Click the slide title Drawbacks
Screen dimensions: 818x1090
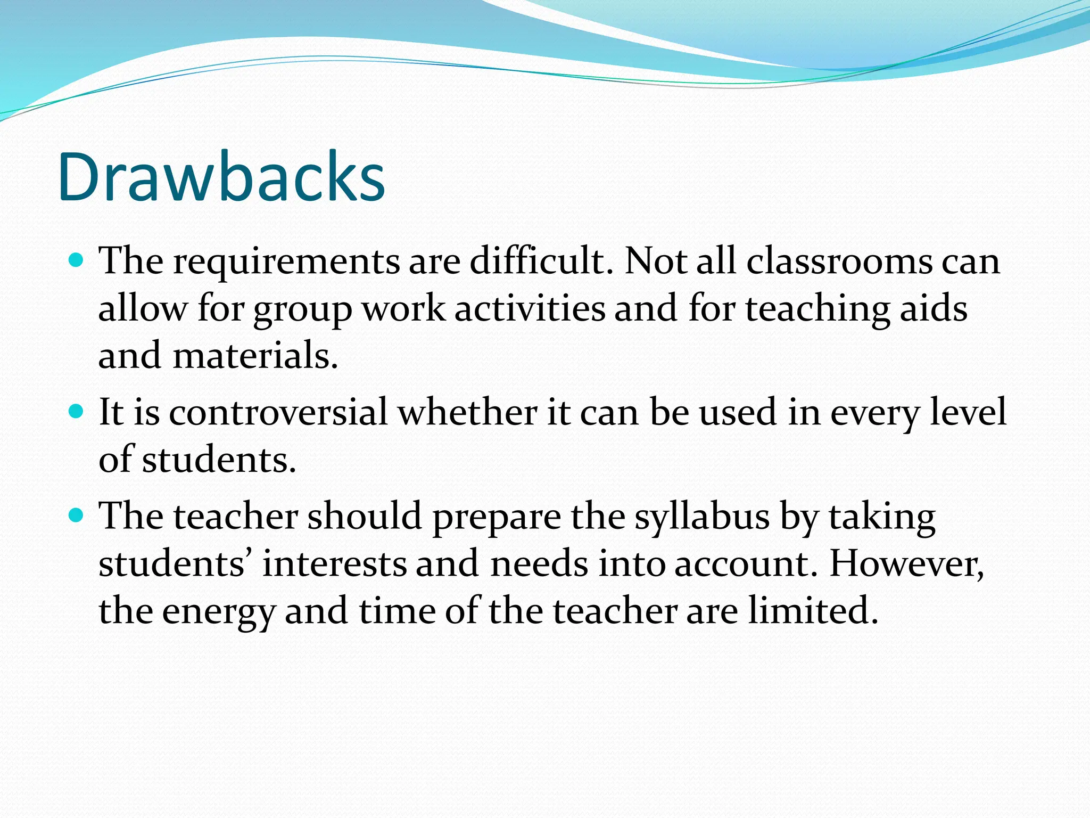221,177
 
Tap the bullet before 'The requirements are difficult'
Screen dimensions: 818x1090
77,260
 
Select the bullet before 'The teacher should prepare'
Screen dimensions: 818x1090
77,516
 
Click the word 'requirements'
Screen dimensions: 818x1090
286,263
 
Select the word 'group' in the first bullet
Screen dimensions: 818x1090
302,310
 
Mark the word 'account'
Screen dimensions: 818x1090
745,565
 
